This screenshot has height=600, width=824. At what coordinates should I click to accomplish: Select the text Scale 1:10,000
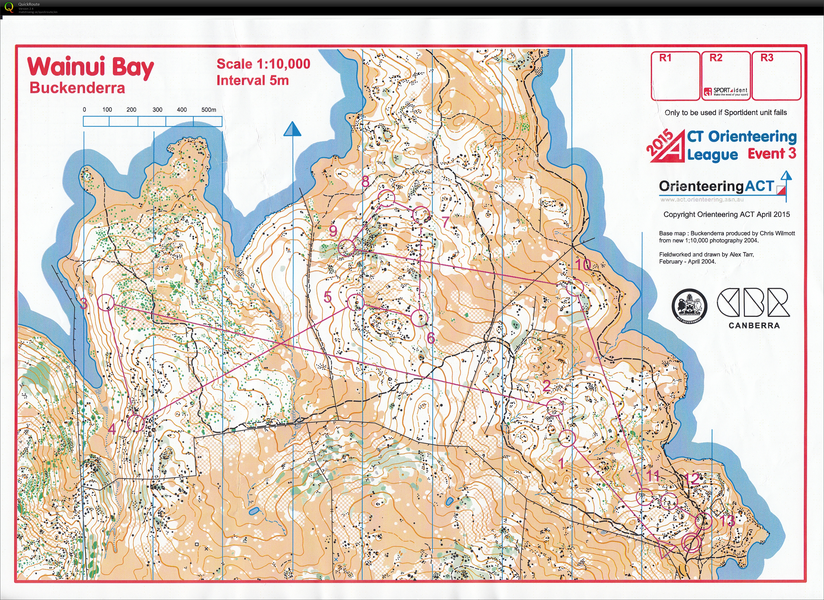click(x=263, y=64)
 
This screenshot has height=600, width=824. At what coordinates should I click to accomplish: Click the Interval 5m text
click(x=253, y=80)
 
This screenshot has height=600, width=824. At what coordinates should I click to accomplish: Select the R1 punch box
click(x=675, y=76)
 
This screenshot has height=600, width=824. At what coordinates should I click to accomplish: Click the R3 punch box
click(x=776, y=76)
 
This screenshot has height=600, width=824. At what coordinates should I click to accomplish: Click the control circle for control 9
click(x=346, y=248)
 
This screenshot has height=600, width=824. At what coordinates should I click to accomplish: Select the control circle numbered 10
click(x=575, y=287)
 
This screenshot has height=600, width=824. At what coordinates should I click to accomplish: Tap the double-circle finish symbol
click(x=691, y=542)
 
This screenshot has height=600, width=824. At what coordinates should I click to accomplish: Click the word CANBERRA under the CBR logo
click(x=754, y=326)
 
